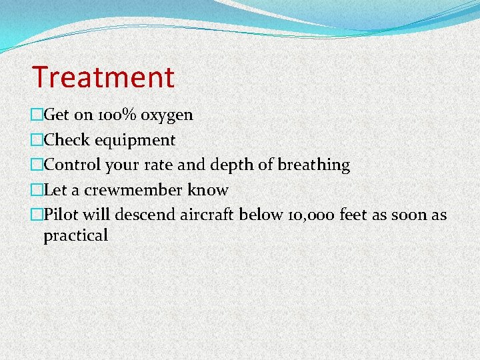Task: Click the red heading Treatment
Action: tap(103, 77)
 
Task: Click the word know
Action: tap(208, 190)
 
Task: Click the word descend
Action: tap(145, 215)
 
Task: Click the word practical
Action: tap(75, 235)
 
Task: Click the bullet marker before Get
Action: tap(37, 115)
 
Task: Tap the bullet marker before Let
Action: tap(37, 190)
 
